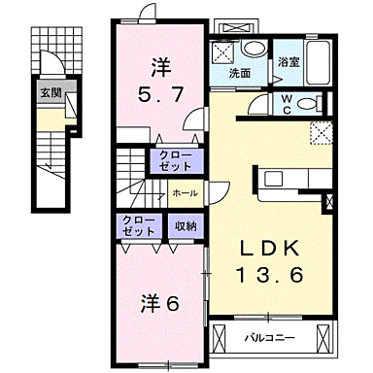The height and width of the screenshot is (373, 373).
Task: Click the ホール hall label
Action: pos(185,193)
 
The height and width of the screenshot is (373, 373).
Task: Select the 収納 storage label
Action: pos(186,226)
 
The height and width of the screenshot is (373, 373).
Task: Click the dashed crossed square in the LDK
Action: pos(321,133)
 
